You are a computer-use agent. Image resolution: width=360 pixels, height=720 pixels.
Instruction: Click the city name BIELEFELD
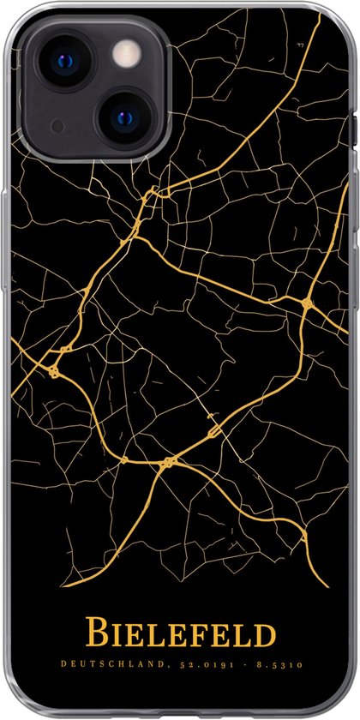[x=180, y=636]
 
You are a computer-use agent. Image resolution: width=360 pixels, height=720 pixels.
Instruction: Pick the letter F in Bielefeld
[x=207, y=637]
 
